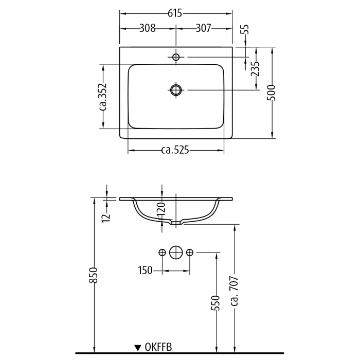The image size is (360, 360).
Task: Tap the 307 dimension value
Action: [203, 29]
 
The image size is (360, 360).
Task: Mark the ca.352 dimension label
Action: [102, 97]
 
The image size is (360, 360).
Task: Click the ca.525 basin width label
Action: [175, 150]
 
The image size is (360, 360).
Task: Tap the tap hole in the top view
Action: [176, 57]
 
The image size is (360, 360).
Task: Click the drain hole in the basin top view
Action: [176, 91]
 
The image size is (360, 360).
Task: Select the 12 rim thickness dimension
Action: [106, 216]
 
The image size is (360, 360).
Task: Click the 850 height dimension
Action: [93, 278]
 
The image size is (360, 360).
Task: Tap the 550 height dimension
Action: [216, 303]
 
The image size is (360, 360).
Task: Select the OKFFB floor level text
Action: [158, 348]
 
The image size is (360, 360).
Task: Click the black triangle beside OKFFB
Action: [138, 348]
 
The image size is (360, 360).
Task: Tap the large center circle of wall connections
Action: [176, 252]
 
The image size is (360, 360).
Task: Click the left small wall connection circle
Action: [162, 252]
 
